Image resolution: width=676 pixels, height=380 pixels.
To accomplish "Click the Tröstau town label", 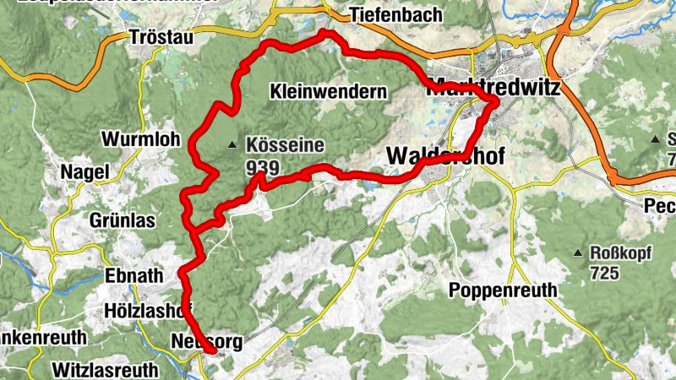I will pos(162,37).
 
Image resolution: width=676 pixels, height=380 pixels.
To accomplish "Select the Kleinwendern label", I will pos(330,90).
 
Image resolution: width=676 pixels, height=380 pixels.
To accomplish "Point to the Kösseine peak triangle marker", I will pos(232,146).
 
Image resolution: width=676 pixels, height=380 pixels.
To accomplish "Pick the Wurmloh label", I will pos(140,139).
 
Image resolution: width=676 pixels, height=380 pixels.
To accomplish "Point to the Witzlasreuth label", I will pos(105,370).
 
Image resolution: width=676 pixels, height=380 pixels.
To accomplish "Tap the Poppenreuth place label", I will pos(503,290).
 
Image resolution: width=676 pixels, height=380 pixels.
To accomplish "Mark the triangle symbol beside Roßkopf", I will pos(578,253).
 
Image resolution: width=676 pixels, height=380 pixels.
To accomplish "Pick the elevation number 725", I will pos(606,274).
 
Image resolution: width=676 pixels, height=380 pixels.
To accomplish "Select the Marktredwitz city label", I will pos(493,85).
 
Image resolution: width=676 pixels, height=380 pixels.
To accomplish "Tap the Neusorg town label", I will pos(206,342).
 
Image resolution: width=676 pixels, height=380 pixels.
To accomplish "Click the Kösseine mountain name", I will pos(285,145).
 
